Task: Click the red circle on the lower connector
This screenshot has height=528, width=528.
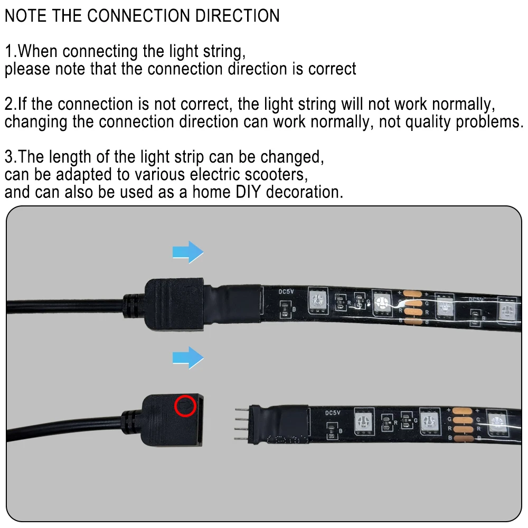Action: [x=185, y=406]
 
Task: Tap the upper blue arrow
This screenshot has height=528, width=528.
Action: [x=188, y=252]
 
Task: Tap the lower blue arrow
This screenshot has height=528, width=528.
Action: [x=188, y=359]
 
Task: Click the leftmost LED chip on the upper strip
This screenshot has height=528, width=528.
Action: [x=317, y=300]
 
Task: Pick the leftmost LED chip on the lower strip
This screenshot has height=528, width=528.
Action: [x=364, y=421]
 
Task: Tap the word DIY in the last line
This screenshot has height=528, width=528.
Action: [x=246, y=191]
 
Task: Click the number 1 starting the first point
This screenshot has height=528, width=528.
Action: [x=9, y=51]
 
